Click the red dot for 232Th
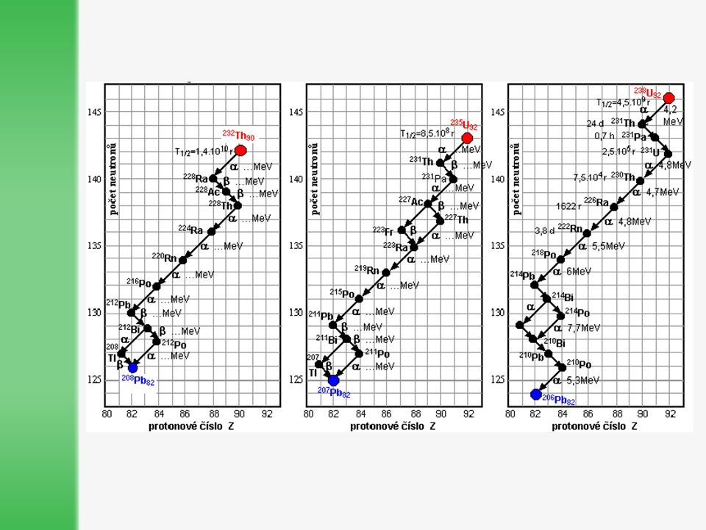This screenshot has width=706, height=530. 240,150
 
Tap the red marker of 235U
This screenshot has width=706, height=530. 467,138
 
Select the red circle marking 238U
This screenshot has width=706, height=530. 668,98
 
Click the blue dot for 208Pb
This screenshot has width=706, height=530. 132,367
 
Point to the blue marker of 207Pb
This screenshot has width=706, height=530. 333,381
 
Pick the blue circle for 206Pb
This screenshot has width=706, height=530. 535,394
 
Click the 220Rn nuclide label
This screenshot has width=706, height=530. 164,258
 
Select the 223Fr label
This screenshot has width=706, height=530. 383,231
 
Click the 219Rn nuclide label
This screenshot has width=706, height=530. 366,269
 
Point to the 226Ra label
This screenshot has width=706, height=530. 596,202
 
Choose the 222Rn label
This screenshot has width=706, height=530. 570,228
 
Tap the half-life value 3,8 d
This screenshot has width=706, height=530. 544,230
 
